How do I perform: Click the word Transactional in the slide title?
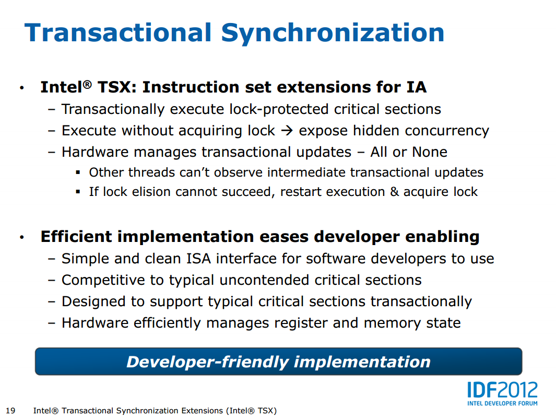pos(118,32)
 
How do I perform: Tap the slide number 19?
pos(10,411)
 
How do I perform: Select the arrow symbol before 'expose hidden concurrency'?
pos(287,131)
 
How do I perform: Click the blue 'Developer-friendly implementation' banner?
pos(278,361)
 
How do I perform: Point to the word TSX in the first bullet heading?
pos(114,87)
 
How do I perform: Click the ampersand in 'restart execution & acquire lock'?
pos(394,192)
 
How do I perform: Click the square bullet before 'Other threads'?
pos(78,173)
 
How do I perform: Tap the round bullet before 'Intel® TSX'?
pos(22,88)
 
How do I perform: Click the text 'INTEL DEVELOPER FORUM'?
pos(502,403)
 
